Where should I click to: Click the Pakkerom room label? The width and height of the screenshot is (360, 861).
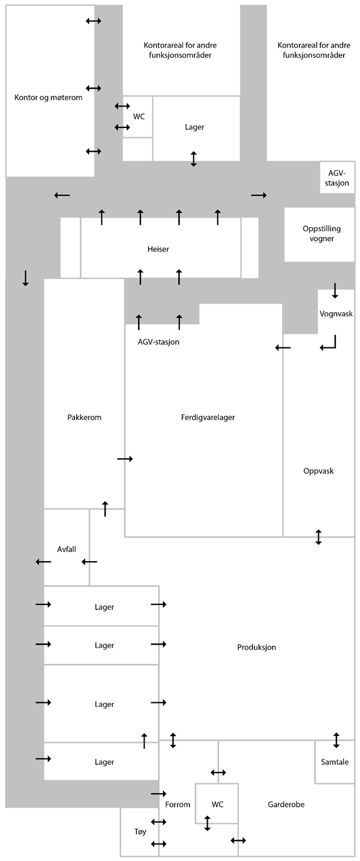pyautogui.click(x=84, y=417)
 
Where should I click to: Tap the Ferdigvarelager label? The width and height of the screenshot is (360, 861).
pyautogui.click(x=208, y=417)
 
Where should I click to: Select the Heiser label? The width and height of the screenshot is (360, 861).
pyautogui.click(x=158, y=249)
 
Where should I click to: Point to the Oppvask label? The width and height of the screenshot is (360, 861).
pyautogui.click(x=319, y=470)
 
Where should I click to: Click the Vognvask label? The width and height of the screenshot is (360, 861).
pyautogui.click(x=336, y=313)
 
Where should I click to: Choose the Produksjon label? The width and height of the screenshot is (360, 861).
pyautogui.click(x=257, y=647)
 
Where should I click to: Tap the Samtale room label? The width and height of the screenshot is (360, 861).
pyautogui.click(x=335, y=761)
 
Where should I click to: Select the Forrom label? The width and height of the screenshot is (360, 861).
pyautogui.click(x=178, y=804)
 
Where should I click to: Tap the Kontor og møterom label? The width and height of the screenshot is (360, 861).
pyautogui.click(x=48, y=97)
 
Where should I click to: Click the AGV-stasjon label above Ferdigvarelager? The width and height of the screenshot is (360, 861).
pyautogui.click(x=158, y=342)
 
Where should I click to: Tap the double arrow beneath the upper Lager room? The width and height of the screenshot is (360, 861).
pyautogui.click(x=194, y=158)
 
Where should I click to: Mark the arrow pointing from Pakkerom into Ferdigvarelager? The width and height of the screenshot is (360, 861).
pyautogui.click(x=125, y=459)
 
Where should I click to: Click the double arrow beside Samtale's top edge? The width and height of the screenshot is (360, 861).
pyautogui.click(x=336, y=740)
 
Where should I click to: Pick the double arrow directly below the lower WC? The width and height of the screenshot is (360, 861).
pyautogui.click(x=207, y=823)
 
